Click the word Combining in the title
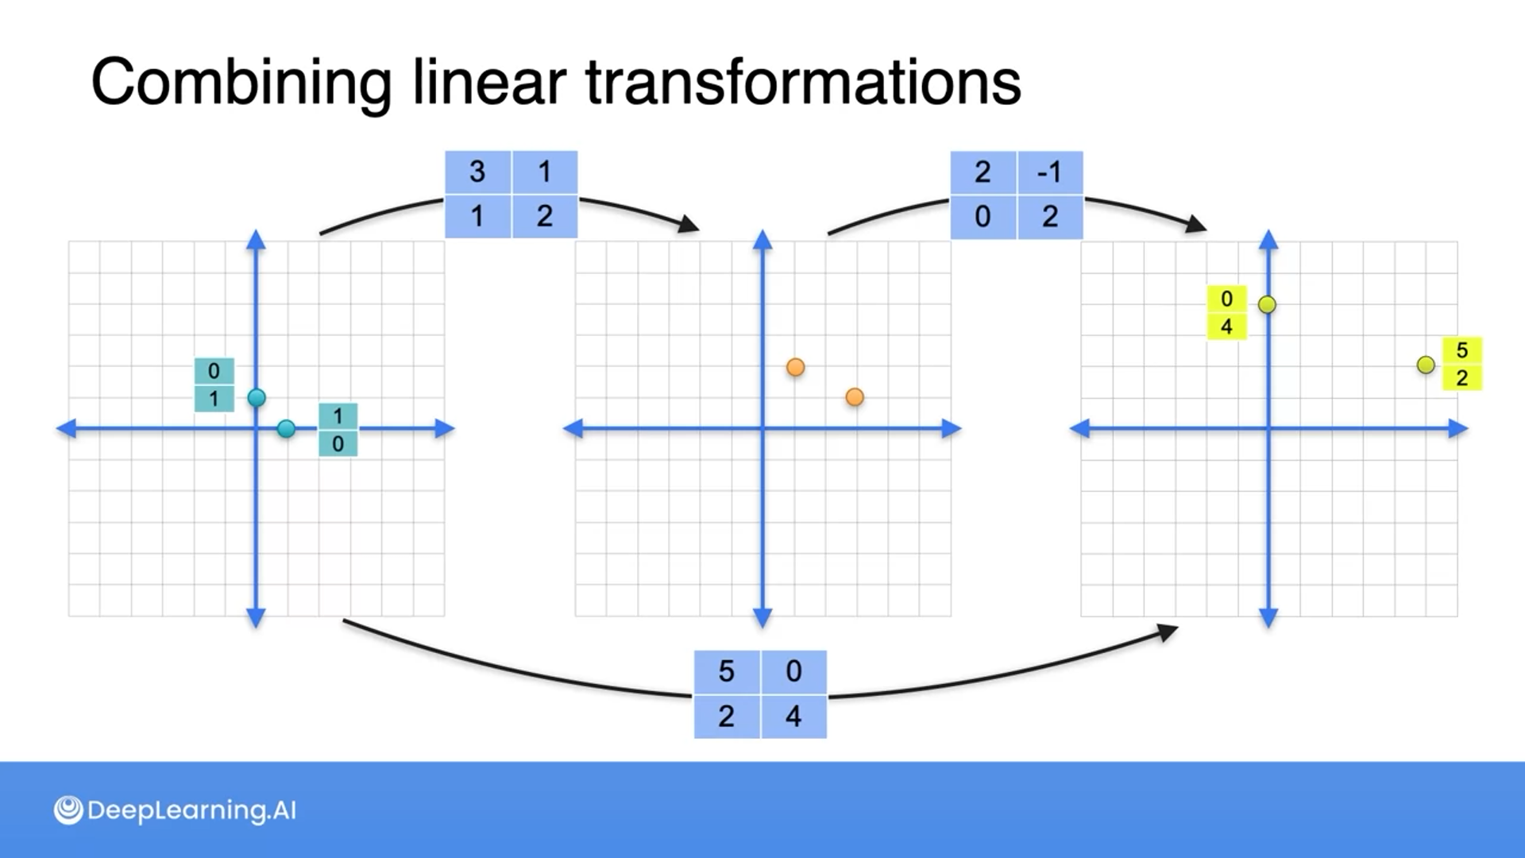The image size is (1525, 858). point(241,83)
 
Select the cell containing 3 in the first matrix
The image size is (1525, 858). point(477,172)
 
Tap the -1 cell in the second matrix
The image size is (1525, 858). point(1049,172)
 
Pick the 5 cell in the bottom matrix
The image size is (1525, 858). point(726,672)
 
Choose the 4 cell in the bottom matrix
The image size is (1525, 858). point(793,717)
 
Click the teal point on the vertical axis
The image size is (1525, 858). point(257,398)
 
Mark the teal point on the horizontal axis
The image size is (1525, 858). point(286,429)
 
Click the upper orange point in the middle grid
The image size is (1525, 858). point(795,367)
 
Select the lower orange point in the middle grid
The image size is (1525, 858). point(855,397)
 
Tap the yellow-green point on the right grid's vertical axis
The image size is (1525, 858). point(1268,304)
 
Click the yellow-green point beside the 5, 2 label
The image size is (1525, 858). point(1426,365)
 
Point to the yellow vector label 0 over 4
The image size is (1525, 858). point(1226,312)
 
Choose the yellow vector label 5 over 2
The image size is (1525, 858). point(1461,364)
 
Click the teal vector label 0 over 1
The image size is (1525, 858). point(214,385)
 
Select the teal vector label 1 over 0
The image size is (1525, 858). point(338,430)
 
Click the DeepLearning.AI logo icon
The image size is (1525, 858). point(68,810)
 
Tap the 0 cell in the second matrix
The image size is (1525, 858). point(983,217)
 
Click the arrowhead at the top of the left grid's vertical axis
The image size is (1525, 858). point(256,239)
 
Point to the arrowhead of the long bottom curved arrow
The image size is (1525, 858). point(1168,632)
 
